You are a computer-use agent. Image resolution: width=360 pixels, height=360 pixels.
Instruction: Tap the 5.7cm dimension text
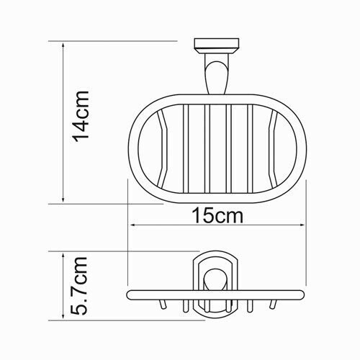84,286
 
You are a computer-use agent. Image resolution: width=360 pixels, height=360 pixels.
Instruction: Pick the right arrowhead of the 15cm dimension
303,225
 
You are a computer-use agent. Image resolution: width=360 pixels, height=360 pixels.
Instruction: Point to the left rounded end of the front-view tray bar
130,295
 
